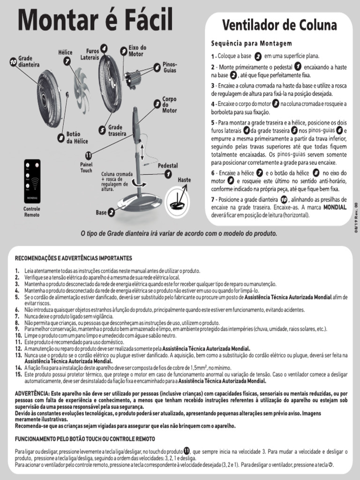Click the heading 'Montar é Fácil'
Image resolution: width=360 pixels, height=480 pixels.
click(x=95, y=22)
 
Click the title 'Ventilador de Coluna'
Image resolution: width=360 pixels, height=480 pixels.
click(x=279, y=24)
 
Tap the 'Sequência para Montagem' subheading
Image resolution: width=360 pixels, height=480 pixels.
click(x=251, y=44)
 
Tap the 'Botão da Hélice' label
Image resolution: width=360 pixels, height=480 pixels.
click(x=77, y=137)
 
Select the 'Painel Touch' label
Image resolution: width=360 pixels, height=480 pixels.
click(x=86, y=168)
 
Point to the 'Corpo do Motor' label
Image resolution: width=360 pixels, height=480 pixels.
click(x=169, y=105)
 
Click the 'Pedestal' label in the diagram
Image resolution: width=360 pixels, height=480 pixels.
click(x=167, y=166)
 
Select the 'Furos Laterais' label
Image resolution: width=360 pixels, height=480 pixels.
click(x=90, y=54)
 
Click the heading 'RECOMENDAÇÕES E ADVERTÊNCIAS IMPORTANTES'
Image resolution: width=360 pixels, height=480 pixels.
click(x=74, y=258)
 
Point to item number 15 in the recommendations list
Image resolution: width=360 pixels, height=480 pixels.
click(x=18, y=375)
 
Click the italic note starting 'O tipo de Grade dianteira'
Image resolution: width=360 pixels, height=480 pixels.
click(x=179, y=233)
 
